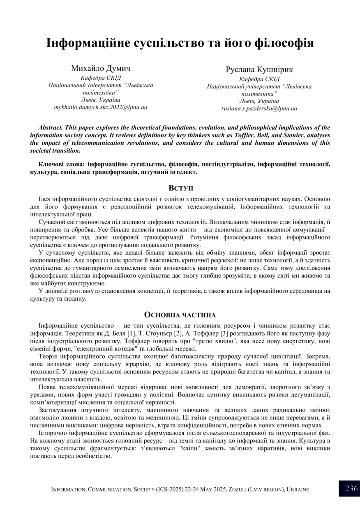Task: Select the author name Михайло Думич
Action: [101, 68]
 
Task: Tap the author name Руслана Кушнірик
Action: [259, 70]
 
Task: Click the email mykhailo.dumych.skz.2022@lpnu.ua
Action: [101, 107]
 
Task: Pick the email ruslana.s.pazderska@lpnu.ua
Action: [259, 109]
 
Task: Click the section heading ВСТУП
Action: [180, 188]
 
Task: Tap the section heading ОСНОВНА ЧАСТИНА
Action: [180, 315]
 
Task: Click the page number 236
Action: [351, 489]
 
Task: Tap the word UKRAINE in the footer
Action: [298, 489]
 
